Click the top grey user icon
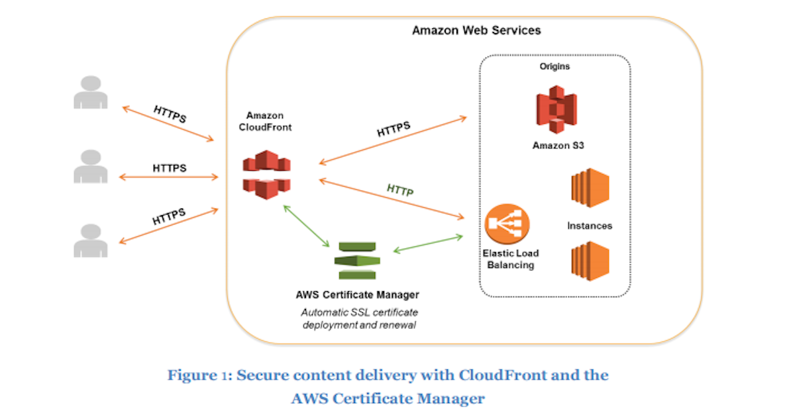coord(91,93)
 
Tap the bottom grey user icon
coord(91,240)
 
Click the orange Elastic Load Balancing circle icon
coord(507,224)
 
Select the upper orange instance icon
coord(590,188)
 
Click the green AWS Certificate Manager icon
coord(357,261)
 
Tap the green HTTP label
coord(399,191)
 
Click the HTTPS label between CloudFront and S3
coord(393,129)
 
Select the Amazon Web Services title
coord(476,30)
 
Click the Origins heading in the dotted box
coord(555,67)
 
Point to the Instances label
coord(590,226)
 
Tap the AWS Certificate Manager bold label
coord(357,295)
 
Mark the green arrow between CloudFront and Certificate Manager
coord(306,225)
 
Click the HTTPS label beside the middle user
coord(169,168)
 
